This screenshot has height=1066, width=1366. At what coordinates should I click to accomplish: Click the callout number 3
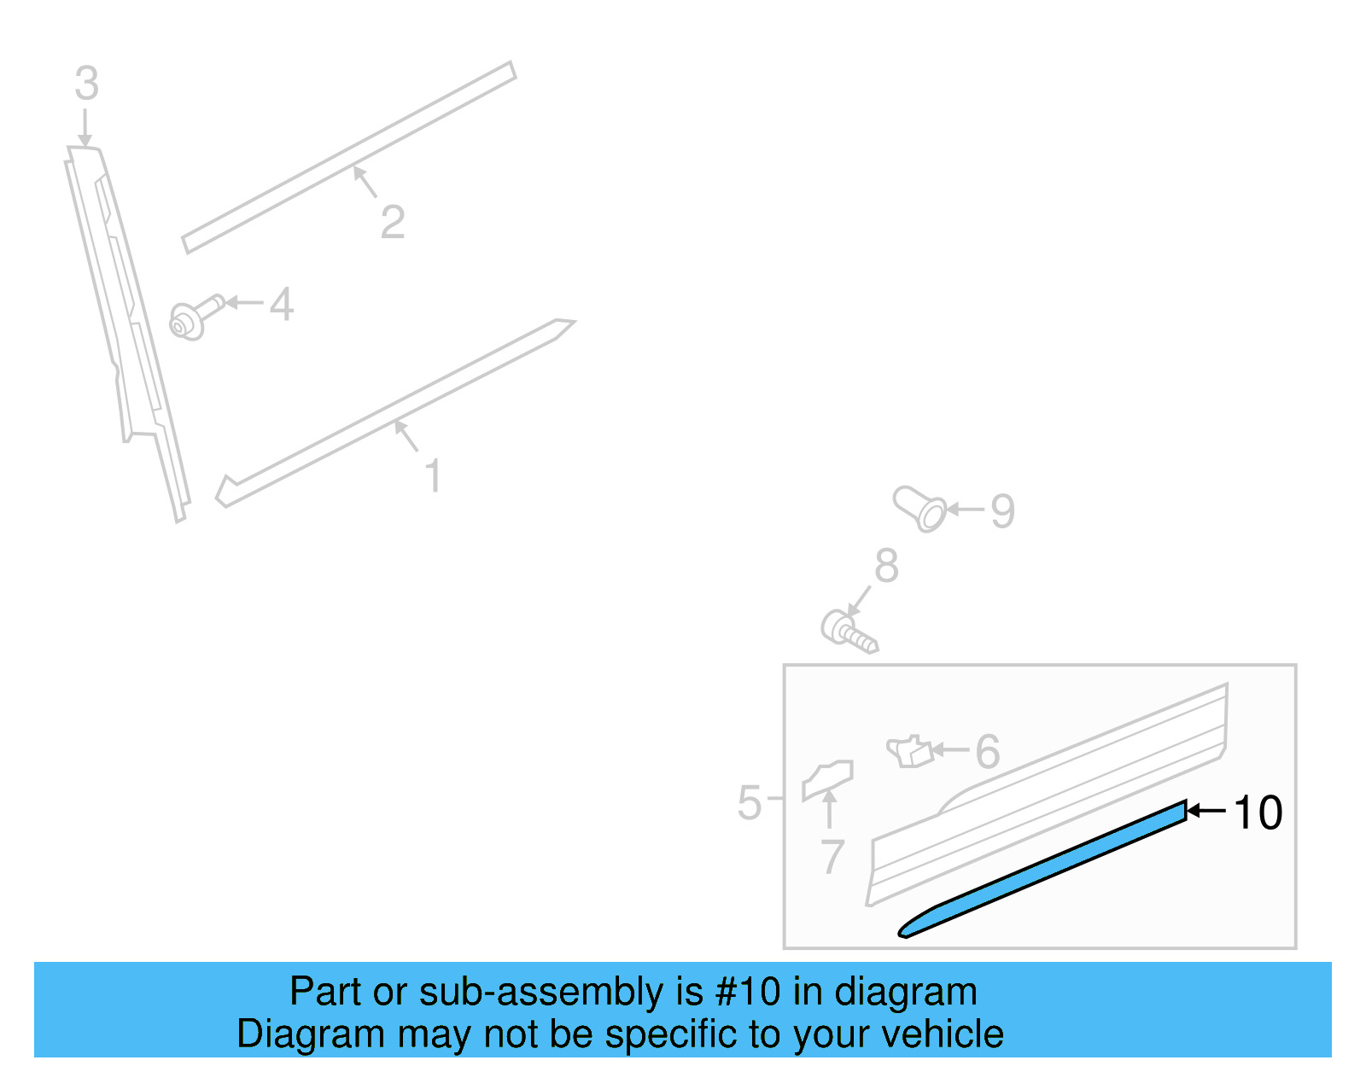(86, 84)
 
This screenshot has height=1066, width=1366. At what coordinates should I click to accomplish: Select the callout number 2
(392, 222)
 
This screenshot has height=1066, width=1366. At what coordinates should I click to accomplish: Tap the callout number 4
(282, 305)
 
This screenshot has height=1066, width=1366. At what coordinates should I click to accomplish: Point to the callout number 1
(433, 475)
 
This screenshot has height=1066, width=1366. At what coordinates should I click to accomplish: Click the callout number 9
(1002, 511)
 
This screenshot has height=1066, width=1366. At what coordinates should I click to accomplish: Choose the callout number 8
(886, 566)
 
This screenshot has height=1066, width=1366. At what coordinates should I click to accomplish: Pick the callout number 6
(987, 752)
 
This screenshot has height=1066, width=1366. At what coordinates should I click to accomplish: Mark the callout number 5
(749, 803)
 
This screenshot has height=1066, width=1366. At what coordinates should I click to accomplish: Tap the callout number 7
(832, 856)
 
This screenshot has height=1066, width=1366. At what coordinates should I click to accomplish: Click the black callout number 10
(1258, 812)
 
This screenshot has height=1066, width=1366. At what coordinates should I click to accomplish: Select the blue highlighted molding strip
(1042, 870)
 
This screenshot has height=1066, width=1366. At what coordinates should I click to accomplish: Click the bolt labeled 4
(193, 317)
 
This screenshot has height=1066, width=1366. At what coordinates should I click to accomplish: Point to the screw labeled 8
(848, 632)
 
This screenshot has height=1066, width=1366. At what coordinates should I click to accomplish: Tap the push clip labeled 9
(920, 510)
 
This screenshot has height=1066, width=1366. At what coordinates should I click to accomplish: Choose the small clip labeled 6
(909, 751)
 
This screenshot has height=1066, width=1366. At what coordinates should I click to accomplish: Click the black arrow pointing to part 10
(1207, 811)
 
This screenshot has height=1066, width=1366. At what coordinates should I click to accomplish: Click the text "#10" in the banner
(748, 992)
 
